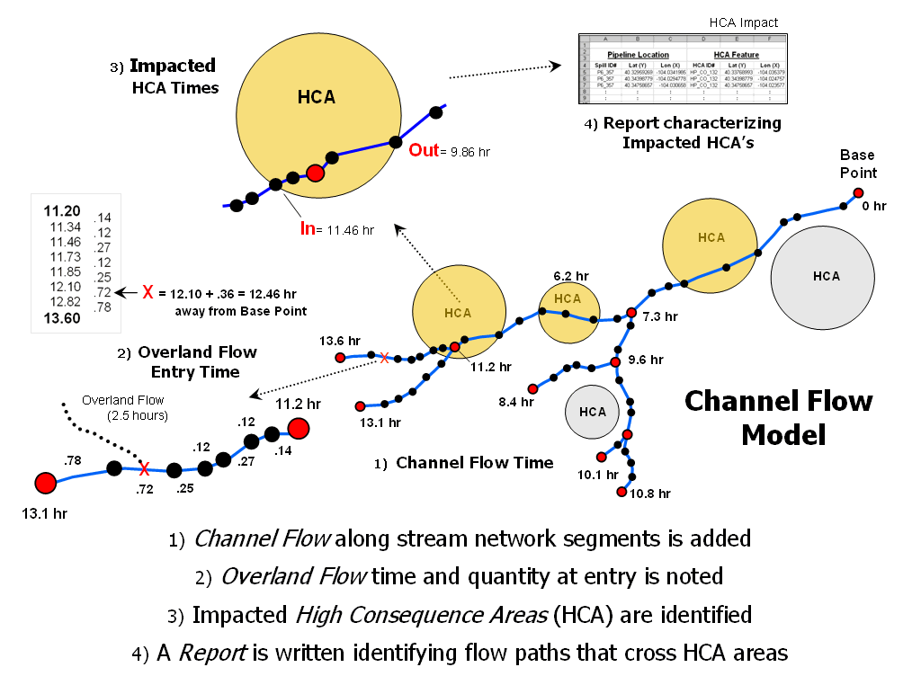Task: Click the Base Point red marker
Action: pyautogui.click(x=858, y=193)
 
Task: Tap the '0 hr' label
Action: pyautogui.click(x=873, y=207)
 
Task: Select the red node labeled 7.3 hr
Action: pyautogui.click(x=631, y=313)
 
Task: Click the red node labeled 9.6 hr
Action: pyautogui.click(x=615, y=362)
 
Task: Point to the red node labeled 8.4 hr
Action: pyautogui.click(x=532, y=388)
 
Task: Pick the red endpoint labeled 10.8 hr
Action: pyautogui.click(x=621, y=492)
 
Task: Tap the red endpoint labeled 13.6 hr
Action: pyautogui.click(x=340, y=358)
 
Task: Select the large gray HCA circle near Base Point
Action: pyautogui.click(x=823, y=277)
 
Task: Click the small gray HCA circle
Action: pyautogui.click(x=592, y=412)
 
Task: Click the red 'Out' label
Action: pyautogui.click(x=423, y=150)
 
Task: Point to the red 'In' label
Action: pyautogui.click(x=307, y=229)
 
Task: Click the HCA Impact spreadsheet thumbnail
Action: pyautogui.click(x=682, y=69)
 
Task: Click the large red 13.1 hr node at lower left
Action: pyautogui.click(x=45, y=483)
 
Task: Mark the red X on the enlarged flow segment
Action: pyautogui.click(x=143, y=468)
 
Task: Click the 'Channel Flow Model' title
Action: pyautogui.click(x=778, y=417)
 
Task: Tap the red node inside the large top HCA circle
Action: pyautogui.click(x=315, y=172)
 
